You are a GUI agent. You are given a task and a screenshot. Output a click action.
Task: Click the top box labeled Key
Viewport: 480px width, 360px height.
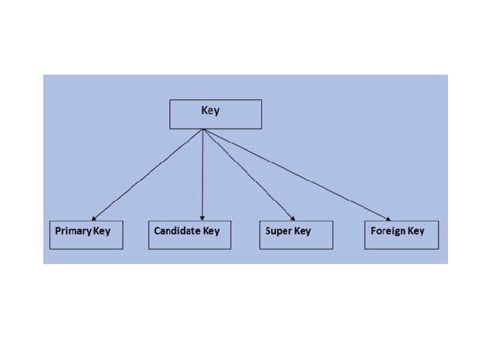215,114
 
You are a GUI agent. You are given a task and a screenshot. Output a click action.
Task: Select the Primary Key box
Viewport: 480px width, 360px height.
86,235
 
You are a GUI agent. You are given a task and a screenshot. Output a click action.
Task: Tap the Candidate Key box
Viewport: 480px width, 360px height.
189,235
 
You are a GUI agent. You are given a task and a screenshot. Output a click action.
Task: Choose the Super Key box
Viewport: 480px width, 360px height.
295,235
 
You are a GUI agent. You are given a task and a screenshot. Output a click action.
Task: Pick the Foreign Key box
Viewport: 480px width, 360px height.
401,235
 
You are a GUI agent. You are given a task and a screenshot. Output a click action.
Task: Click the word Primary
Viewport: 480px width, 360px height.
73,231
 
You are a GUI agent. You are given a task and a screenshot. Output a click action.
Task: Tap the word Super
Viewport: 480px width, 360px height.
278,231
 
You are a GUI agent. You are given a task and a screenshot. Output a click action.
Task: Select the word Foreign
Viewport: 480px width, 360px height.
388,231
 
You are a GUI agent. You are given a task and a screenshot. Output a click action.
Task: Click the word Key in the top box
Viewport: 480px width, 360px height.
210,110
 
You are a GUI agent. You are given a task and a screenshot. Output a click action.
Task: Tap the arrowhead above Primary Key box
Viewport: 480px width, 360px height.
94,217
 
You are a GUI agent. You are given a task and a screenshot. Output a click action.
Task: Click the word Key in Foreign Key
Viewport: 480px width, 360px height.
416,231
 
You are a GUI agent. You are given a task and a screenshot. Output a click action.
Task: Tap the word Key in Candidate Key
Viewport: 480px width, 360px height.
211,231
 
